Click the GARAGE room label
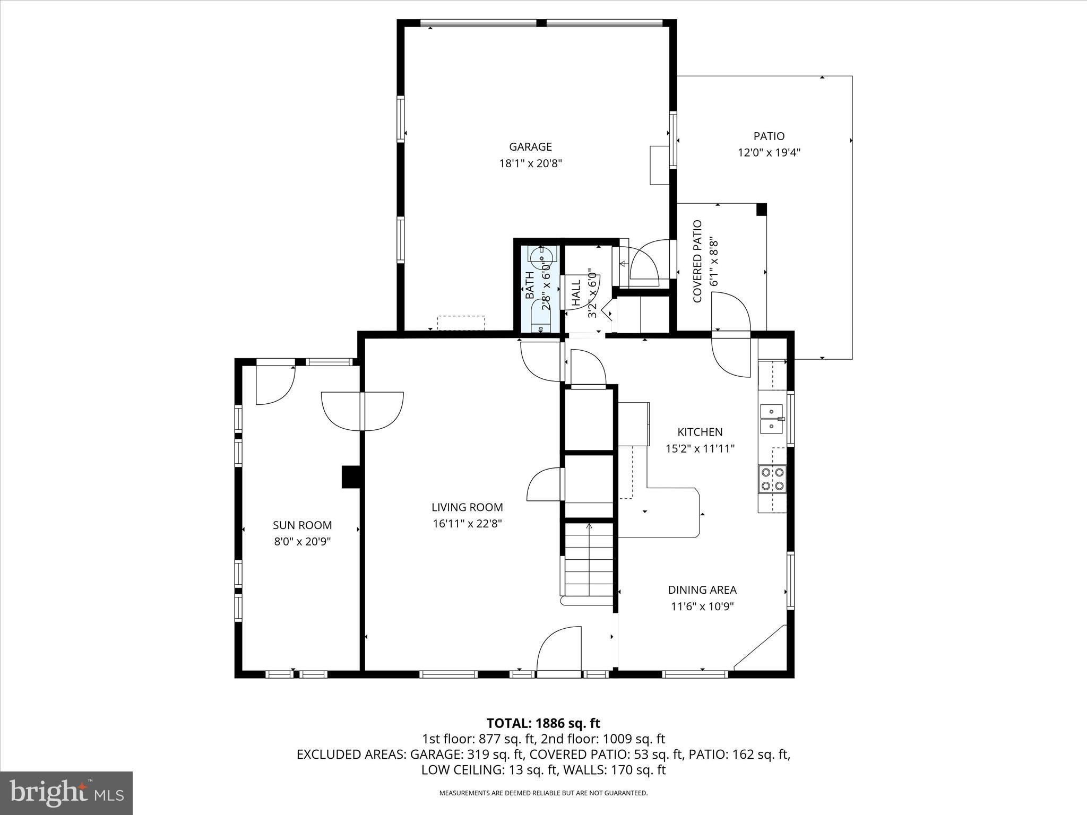pyautogui.click(x=530, y=146)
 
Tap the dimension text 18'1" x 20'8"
pyautogui.click(x=530, y=163)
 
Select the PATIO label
pyautogui.click(x=769, y=136)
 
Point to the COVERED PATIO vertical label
pyautogui.click(x=697, y=262)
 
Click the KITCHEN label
pyautogui.click(x=700, y=432)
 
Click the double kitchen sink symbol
pyautogui.click(x=772, y=419)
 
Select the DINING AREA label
pyautogui.click(x=702, y=589)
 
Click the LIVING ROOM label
pyautogui.click(x=467, y=507)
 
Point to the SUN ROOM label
pyautogui.click(x=302, y=525)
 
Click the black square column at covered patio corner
pyautogui.click(x=761, y=209)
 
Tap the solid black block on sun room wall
pyautogui.click(x=351, y=476)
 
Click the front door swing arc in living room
pyautogui.click(x=557, y=648)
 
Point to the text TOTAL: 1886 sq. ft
pyautogui.click(x=543, y=723)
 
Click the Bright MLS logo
pyautogui.click(x=66, y=793)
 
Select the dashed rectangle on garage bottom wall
pyautogui.click(x=461, y=323)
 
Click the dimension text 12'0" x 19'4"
pyautogui.click(x=769, y=153)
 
